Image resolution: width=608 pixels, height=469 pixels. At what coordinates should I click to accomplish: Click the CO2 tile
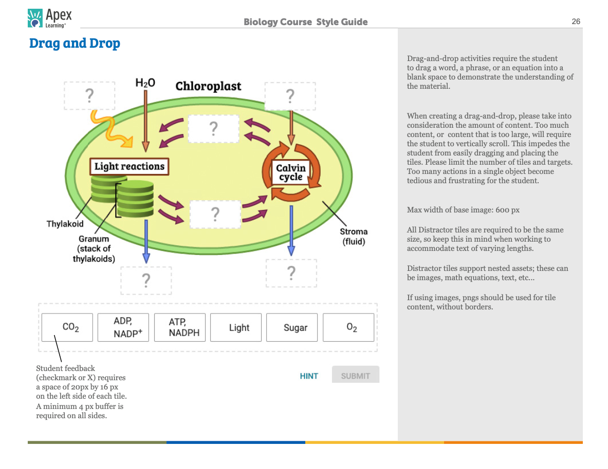[x=67, y=327]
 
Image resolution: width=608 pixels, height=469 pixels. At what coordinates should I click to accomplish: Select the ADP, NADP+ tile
[x=123, y=327]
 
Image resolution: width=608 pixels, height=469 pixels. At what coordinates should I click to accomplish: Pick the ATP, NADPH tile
[x=180, y=327]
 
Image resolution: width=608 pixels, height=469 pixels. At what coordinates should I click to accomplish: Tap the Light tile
[x=238, y=327]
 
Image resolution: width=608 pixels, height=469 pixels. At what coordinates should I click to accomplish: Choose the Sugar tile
[x=295, y=327]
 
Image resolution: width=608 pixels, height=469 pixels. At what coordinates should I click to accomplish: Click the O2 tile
[x=351, y=327]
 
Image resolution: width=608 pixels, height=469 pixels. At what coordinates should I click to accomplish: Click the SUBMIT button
[x=355, y=376]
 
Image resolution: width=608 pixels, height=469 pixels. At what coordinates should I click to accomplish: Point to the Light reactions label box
[x=129, y=166]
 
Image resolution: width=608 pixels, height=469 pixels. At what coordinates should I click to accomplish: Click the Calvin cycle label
[x=291, y=172]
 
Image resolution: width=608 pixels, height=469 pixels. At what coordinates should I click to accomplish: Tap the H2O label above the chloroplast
[x=145, y=83]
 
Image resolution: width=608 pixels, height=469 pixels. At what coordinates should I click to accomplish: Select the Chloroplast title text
[x=208, y=86]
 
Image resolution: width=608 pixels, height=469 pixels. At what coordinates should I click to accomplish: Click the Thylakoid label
[x=65, y=224]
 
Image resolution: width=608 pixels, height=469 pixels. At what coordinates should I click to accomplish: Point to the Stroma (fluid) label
[x=354, y=237]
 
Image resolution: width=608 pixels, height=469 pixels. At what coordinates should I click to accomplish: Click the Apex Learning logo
[x=49, y=17]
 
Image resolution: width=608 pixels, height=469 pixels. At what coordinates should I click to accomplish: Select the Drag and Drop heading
[x=75, y=43]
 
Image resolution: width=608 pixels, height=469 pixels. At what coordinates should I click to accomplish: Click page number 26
[x=576, y=22]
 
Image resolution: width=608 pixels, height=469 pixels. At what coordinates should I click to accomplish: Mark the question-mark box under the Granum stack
[x=146, y=280]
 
